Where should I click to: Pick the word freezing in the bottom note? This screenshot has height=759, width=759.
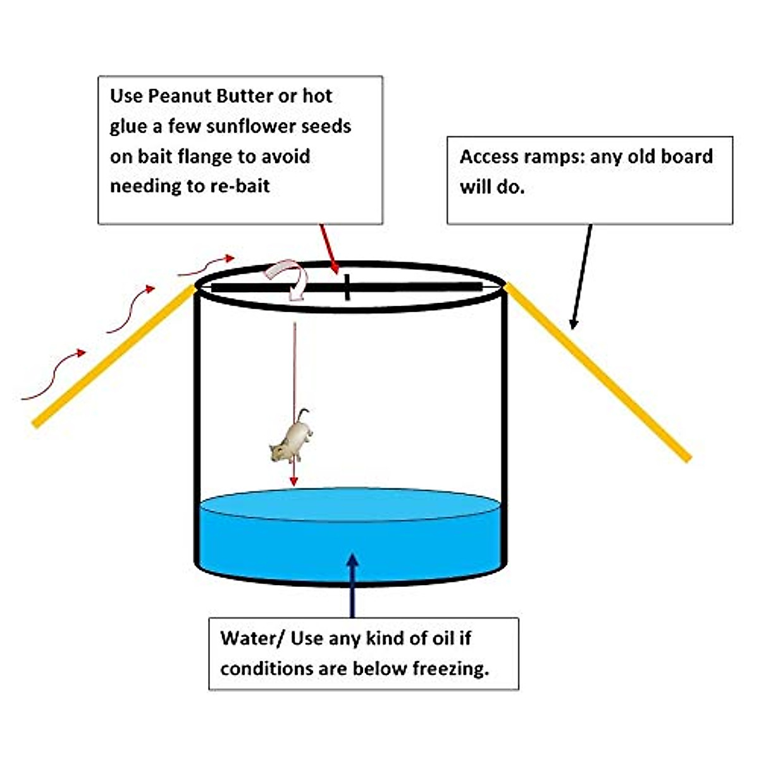pyautogui.click(x=451, y=669)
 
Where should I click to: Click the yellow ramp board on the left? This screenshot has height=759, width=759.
pyautogui.click(x=114, y=355)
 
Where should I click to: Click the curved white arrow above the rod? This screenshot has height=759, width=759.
pyautogui.click(x=288, y=279)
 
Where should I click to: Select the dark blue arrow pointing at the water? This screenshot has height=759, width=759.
pyautogui.click(x=352, y=585)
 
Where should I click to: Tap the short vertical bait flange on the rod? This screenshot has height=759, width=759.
pyautogui.click(x=347, y=287)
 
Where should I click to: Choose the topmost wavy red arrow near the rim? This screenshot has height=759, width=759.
pyautogui.click(x=206, y=266)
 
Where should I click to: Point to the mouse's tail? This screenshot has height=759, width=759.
pyautogui.click(x=304, y=415)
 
